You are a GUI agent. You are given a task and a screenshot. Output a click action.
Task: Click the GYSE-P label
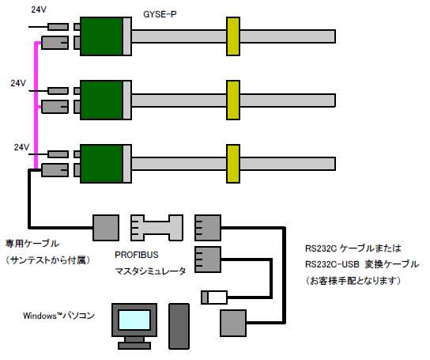pos(160,14)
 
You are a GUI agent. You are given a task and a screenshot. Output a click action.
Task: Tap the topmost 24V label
pos(39,9)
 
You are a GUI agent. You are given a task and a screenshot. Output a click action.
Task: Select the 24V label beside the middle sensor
pos(18,83)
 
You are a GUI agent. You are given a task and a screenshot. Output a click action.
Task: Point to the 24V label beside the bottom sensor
pos(21,147)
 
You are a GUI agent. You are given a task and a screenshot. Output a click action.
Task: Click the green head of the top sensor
pos(101,36)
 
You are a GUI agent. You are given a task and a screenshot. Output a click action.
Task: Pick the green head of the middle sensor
pos(101,100)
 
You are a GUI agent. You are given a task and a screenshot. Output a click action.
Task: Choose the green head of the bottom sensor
pos(101,164)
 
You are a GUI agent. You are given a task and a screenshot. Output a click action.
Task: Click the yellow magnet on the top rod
pos(233,36)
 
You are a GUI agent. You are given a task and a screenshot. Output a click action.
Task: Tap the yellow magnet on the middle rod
pos(233,100)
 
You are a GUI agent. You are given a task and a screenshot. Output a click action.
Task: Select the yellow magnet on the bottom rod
pos(233,164)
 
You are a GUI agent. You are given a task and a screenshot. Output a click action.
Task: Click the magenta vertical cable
pos(36,106)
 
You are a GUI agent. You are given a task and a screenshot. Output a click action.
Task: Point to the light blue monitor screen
pos(134,320)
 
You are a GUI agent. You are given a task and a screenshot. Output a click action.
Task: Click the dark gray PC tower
pos(179,326)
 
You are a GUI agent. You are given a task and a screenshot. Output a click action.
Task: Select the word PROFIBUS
pos(137,255)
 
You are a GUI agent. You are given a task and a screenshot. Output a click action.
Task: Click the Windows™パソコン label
pos(58,316)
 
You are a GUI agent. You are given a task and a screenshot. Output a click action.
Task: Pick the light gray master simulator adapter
pos(157,228)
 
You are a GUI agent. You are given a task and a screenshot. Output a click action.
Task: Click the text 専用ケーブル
pos(32,244)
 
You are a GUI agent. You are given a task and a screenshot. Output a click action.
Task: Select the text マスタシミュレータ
pos(150,271)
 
